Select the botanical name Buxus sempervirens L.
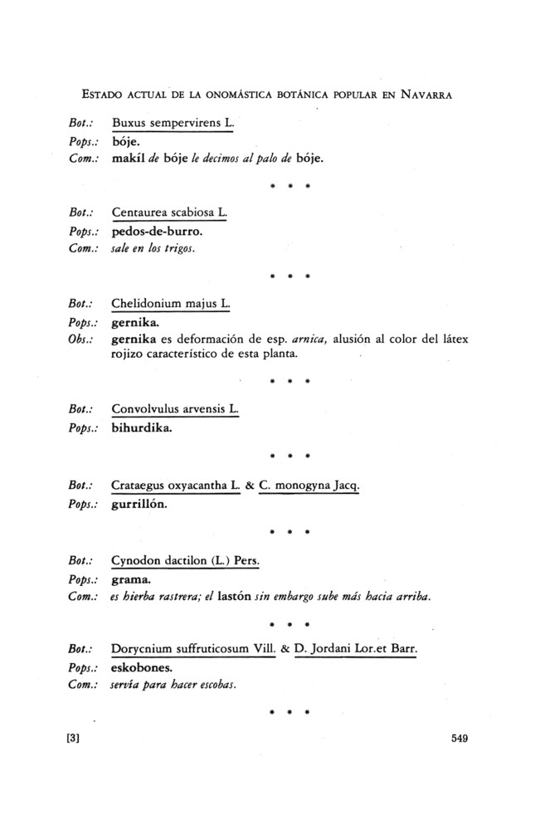coord(173,124)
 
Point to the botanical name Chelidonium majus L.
coord(170,305)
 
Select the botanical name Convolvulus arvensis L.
coord(174,411)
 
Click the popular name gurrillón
coord(143,503)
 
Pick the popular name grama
coord(130,579)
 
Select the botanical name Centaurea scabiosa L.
coord(168,214)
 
